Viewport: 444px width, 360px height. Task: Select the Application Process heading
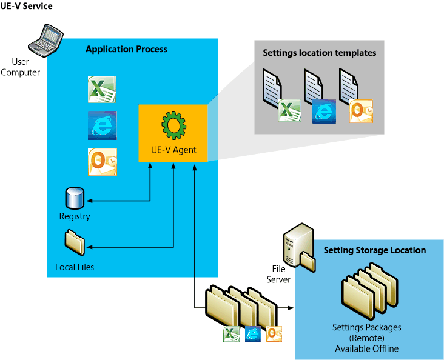tap(126, 49)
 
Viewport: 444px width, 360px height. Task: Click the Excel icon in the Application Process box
tap(102, 90)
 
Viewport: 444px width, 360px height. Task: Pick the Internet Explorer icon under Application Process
tap(102, 126)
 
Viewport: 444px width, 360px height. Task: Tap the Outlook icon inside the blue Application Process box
tap(102, 162)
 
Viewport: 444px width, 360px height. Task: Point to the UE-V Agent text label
tap(173, 150)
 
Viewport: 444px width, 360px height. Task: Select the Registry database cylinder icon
tap(74, 198)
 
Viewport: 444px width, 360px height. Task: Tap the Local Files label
tap(75, 267)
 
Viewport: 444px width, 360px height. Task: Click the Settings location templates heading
tap(319, 53)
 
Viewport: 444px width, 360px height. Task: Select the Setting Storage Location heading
tap(374, 250)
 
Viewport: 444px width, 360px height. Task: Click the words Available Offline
tap(366, 348)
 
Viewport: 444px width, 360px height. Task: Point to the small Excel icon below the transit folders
tap(231, 333)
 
